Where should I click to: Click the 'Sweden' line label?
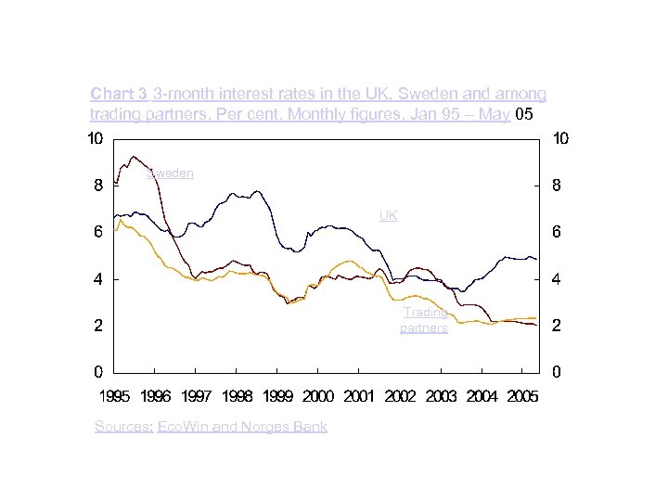click(x=171, y=173)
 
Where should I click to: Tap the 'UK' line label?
click(x=388, y=215)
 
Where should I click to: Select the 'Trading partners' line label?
click(x=424, y=320)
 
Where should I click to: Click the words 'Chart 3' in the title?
click(x=119, y=94)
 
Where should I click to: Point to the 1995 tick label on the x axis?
click(x=114, y=396)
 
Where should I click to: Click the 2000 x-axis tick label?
click(x=318, y=396)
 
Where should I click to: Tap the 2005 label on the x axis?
click(x=522, y=396)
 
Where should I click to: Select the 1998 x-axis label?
click(x=237, y=396)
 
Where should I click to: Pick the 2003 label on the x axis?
click(x=441, y=396)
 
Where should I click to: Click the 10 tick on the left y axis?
click(x=94, y=139)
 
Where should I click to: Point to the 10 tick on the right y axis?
click(x=560, y=139)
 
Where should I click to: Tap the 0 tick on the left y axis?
click(x=97, y=372)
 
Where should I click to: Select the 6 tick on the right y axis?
click(x=556, y=233)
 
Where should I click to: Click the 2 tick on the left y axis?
click(x=97, y=326)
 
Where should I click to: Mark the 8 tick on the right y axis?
click(x=556, y=186)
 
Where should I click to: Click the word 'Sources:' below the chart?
click(x=123, y=426)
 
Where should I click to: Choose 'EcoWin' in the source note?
click(x=181, y=426)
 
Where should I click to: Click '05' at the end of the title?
click(x=524, y=114)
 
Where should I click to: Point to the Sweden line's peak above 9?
click(x=135, y=156)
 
